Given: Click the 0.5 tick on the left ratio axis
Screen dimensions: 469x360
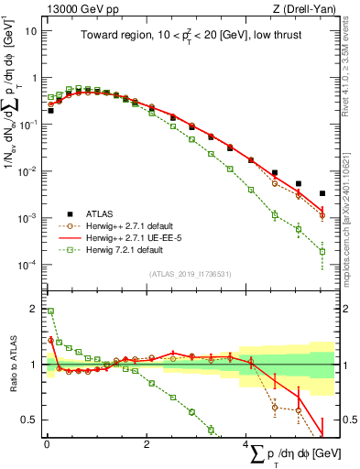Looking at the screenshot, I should (29, 420).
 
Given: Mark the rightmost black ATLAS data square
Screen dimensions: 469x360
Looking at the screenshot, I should (322, 193).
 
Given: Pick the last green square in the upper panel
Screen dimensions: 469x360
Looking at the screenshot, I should (322, 251).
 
